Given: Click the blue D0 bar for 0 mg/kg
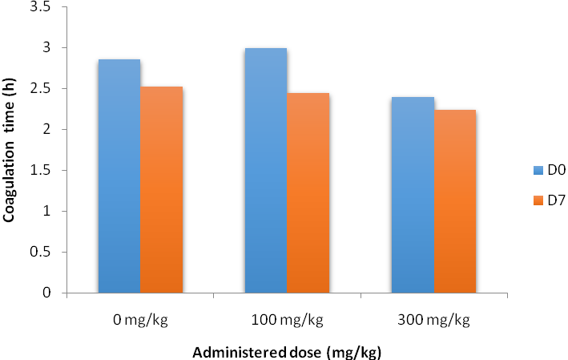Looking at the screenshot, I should coord(119,176).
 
